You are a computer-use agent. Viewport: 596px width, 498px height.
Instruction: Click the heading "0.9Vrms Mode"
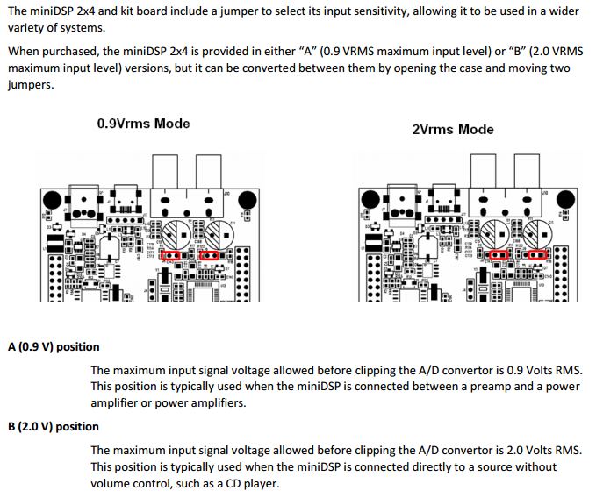pyautogui.click(x=143, y=124)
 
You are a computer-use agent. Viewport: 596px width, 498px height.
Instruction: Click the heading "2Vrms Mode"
pyautogui.click(x=452, y=129)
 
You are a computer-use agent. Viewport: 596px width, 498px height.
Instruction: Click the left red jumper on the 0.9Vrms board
pyautogui.click(x=172, y=255)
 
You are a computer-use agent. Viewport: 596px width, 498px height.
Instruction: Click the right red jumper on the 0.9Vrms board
pyautogui.click(x=212, y=255)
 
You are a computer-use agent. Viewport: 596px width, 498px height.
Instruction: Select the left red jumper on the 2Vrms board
pyautogui.click(x=498, y=254)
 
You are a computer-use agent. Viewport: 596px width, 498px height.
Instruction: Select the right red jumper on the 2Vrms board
pyautogui.click(x=535, y=254)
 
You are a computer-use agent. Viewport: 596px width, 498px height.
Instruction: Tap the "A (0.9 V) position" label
pyautogui.click(x=54, y=347)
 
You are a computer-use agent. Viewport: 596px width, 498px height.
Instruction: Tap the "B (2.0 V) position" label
pyautogui.click(x=54, y=427)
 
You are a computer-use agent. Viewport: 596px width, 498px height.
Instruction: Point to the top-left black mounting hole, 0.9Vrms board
pyautogui.click(x=54, y=196)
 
